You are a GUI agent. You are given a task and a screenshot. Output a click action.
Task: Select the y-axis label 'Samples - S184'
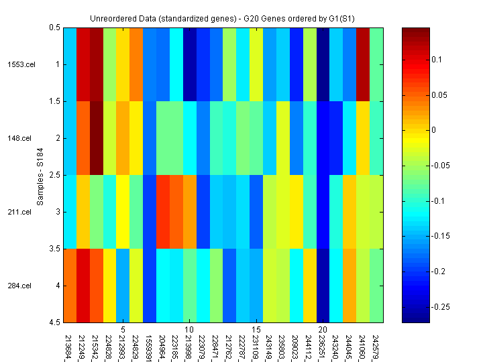(x=40, y=175)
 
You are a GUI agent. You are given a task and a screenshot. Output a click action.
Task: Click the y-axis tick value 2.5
(x=53, y=175)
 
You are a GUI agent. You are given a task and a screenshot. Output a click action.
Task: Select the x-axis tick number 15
(x=256, y=330)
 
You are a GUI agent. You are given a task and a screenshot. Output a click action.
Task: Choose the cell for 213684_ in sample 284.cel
(x=70, y=286)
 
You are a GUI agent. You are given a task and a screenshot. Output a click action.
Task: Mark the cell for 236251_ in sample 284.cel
(x=323, y=286)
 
